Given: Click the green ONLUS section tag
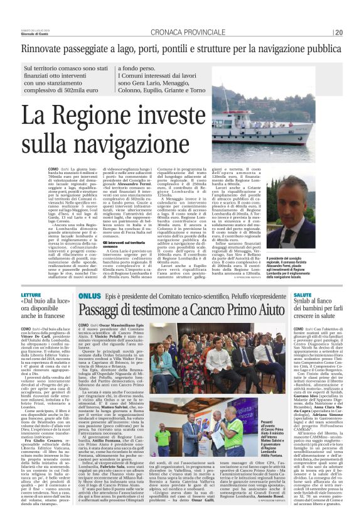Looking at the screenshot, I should [x=89, y=312].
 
